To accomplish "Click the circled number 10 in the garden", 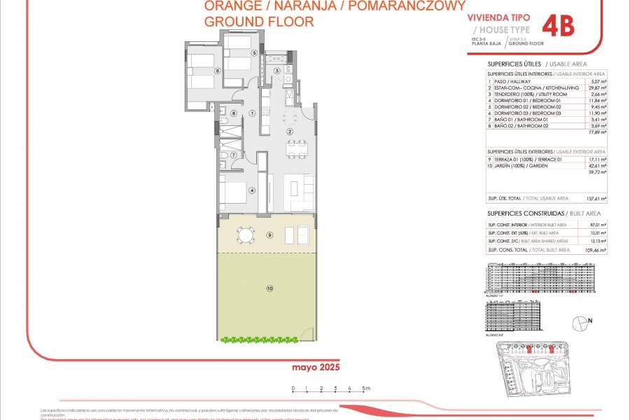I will click(x=269, y=288).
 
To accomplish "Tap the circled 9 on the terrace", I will click(x=269, y=234).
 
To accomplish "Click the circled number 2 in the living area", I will click(x=289, y=132).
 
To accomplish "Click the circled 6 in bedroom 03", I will click(x=218, y=71).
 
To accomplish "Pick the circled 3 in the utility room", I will click(x=277, y=71).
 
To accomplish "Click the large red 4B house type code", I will click(x=559, y=27).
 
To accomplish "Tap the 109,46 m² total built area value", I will click(x=597, y=249).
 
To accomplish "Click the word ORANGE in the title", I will click(x=230, y=6).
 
